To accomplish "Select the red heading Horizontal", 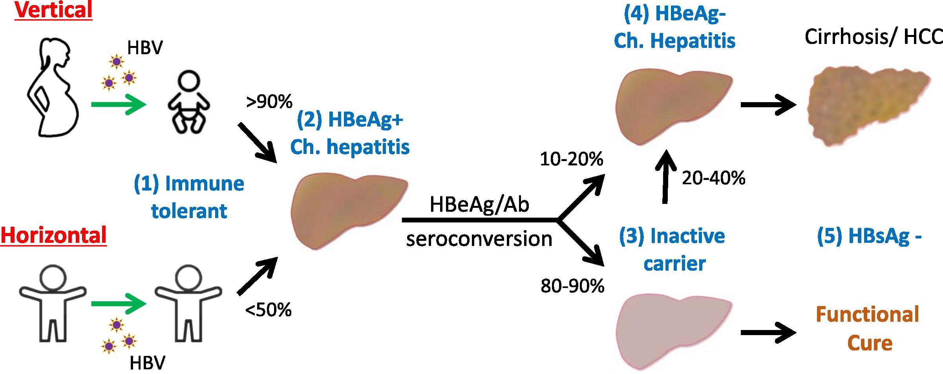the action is pyautogui.click(x=54, y=235).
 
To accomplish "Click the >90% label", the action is pyautogui.click(x=269, y=102).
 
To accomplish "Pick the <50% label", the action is pyautogui.click(x=269, y=310).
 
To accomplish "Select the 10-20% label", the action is pyautogui.click(x=572, y=159).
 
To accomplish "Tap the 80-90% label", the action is pyautogui.click(x=572, y=286).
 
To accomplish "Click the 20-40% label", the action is pyautogui.click(x=714, y=178).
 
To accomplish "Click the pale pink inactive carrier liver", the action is pyautogui.click(x=674, y=333).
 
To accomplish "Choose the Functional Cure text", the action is pyautogui.click(x=868, y=328).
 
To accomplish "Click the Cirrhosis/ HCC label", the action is pyautogui.click(x=874, y=37).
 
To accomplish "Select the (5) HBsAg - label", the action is pyautogui.click(x=869, y=236).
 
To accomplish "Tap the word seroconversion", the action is pyautogui.click(x=479, y=239).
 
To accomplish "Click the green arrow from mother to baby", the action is pyautogui.click(x=119, y=105).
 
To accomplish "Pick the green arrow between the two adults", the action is pyautogui.click(x=119, y=304).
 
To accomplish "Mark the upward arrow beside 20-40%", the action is pyautogui.click(x=665, y=176).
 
